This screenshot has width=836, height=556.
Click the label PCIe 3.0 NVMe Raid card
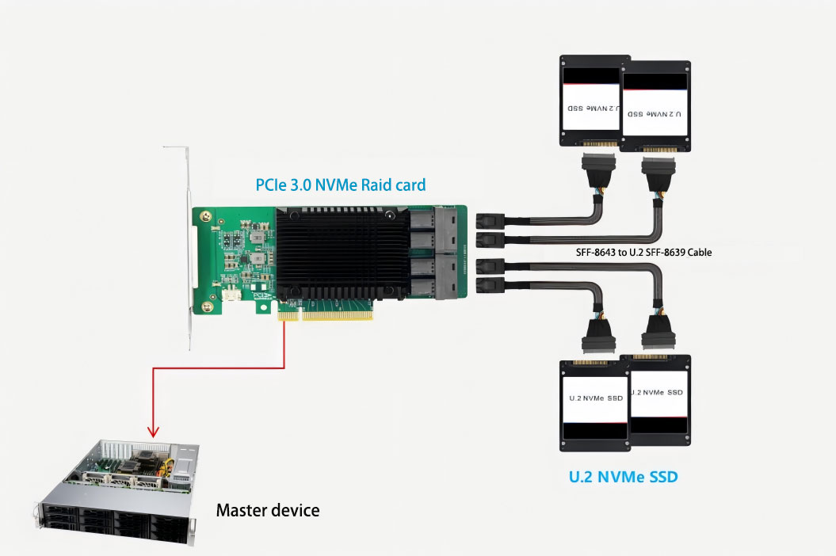[340, 185]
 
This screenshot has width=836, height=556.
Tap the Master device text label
[268, 510]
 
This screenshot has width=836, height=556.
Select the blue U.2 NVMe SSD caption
[624, 478]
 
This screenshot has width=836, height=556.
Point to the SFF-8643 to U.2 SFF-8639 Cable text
[643, 253]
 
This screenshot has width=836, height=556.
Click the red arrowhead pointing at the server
[153, 433]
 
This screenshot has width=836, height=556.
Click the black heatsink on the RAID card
[342, 253]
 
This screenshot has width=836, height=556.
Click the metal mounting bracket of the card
[188, 246]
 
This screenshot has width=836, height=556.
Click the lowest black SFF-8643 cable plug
[488, 285]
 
